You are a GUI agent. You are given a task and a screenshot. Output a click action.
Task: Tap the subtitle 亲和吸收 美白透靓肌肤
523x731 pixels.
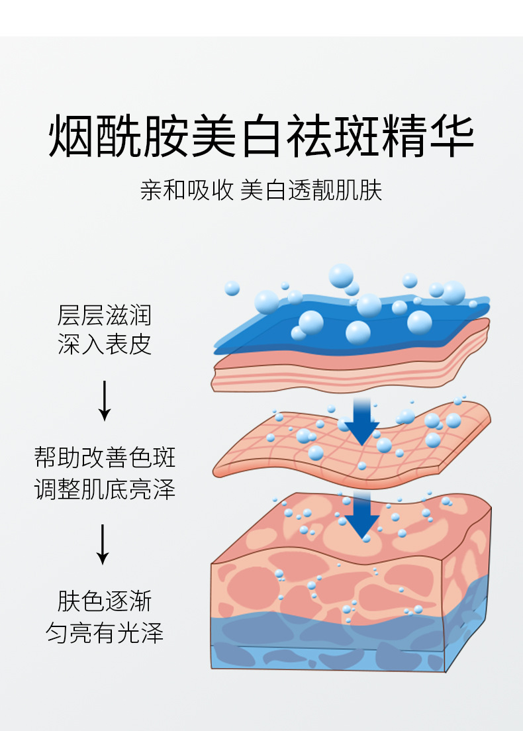pyautogui.click(x=261, y=190)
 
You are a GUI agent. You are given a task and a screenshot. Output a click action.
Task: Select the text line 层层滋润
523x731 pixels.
pyautogui.click(x=105, y=315)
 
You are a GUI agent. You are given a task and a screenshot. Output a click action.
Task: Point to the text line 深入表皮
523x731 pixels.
pyautogui.click(x=105, y=344)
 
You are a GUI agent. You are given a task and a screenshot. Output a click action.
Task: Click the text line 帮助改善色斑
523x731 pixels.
pyautogui.click(x=105, y=457)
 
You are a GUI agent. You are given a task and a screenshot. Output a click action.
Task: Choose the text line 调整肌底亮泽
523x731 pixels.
pyautogui.click(x=105, y=489)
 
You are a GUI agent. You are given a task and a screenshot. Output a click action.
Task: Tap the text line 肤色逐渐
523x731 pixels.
pyautogui.click(x=105, y=601)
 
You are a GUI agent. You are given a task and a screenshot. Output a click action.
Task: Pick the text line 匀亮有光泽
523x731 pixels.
pyautogui.click(x=105, y=632)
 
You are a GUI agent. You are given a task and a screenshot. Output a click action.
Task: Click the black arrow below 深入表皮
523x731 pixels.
pyautogui.click(x=105, y=401)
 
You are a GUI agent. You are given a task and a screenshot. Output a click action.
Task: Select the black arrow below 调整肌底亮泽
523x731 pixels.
pyautogui.click(x=103, y=544)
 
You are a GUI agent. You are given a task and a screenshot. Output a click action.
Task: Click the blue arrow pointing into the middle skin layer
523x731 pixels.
pyautogui.click(x=362, y=422)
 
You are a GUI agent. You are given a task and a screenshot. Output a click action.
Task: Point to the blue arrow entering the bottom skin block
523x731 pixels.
pyautogui.click(x=362, y=515)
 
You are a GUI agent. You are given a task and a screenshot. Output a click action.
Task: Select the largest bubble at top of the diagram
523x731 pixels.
pyautogui.click(x=341, y=275)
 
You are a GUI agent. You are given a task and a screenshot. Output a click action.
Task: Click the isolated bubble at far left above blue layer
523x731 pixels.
pyautogui.click(x=232, y=288)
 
